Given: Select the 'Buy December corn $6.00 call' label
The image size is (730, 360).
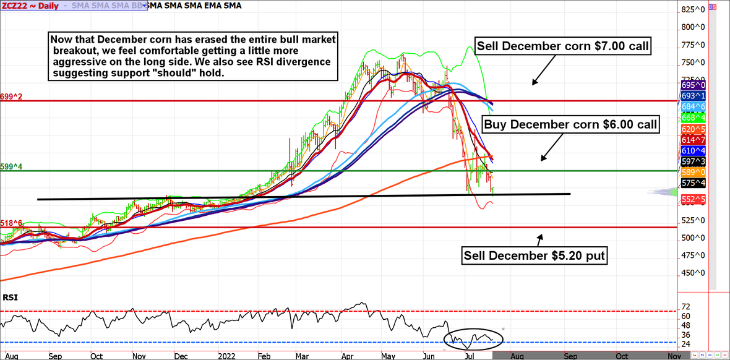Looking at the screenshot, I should click(x=570, y=124).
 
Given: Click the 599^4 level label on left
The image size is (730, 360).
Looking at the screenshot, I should click(x=11, y=166).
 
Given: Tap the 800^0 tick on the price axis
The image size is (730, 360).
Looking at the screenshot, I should click(x=692, y=27).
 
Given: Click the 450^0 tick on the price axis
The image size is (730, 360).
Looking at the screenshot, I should click(x=692, y=273).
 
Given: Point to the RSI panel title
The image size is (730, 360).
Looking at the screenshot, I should click(x=10, y=298).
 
